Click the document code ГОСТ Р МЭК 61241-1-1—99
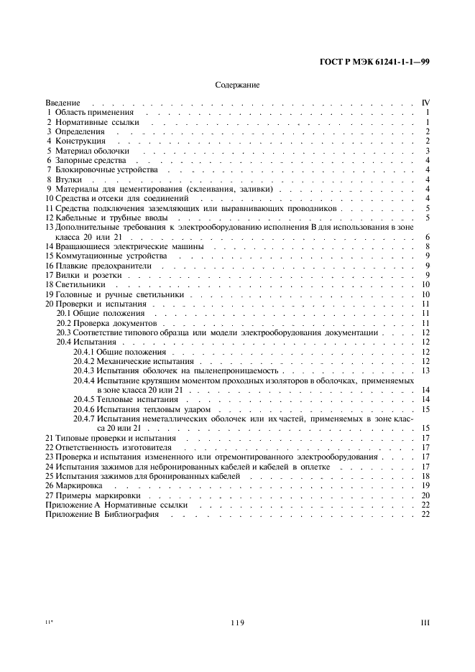coord(374,62)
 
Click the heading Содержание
coord(237,85)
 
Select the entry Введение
coord(63,103)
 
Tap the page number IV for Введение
coord(425,103)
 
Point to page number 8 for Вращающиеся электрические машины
coord(427,246)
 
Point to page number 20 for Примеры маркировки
coord(425,495)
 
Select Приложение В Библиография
coord(102,514)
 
